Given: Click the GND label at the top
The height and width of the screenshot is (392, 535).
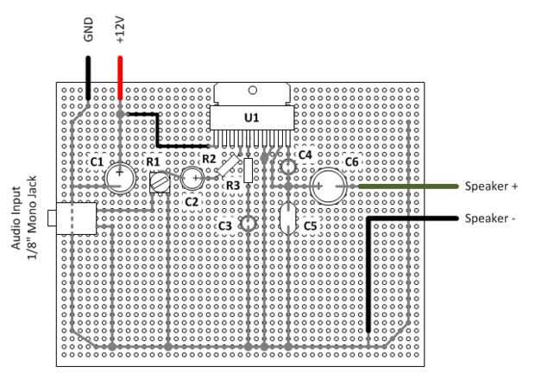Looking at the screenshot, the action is (x=88, y=30).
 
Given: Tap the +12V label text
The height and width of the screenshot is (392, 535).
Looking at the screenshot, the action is (x=120, y=29).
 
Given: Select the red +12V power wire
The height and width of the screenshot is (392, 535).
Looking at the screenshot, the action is (x=120, y=78).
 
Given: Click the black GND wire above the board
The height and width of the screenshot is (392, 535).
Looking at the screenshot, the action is (x=88, y=78).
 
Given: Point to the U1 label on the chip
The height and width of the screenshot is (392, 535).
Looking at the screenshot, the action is (x=251, y=117).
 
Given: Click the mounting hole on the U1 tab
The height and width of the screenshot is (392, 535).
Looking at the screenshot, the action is (x=253, y=90).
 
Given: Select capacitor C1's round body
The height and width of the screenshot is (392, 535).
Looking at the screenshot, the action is (x=120, y=178).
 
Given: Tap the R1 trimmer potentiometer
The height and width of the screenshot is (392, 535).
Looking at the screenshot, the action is (x=160, y=183).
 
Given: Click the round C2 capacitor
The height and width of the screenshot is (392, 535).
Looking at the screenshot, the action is (x=192, y=178).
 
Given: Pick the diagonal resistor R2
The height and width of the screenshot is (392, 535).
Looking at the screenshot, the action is (x=229, y=166).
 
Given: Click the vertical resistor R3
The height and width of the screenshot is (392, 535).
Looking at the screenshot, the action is (x=248, y=170).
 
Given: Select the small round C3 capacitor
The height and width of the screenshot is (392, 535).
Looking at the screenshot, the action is (x=248, y=224).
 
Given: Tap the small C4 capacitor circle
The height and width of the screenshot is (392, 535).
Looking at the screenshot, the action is (x=288, y=167).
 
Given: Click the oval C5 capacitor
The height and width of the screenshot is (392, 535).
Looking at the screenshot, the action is (x=288, y=218).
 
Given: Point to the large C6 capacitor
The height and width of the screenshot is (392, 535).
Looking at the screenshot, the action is (x=328, y=187).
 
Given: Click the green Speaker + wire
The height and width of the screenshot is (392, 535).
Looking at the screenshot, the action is (x=408, y=187).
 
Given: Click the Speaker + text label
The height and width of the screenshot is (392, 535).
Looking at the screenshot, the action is (x=491, y=187).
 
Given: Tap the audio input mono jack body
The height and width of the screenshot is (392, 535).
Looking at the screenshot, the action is (x=76, y=218).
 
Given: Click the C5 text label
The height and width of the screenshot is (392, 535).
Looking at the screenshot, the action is (x=310, y=226).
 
